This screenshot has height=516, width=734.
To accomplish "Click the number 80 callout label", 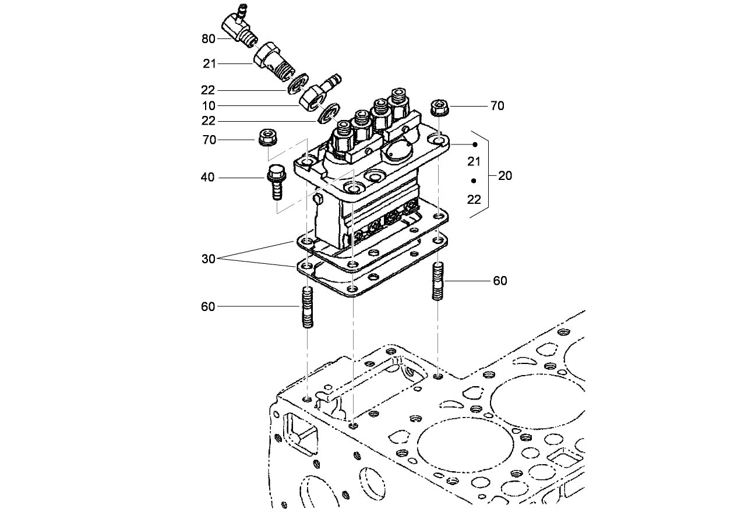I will click(208, 39).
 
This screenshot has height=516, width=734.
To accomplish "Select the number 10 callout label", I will click(208, 106).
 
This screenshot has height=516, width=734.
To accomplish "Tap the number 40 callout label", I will click(208, 178).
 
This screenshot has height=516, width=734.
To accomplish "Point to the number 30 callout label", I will click(208, 259).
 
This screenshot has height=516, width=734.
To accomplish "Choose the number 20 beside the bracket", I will click(505, 176).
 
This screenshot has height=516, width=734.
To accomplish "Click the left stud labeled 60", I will click(308, 308).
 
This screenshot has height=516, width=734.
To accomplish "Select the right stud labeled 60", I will click(438, 281).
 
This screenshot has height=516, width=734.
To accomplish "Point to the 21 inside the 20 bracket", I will click(474, 160).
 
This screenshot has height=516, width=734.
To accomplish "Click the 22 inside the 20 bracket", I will click(474, 199).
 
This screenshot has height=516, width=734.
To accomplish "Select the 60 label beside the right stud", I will click(500, 281).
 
